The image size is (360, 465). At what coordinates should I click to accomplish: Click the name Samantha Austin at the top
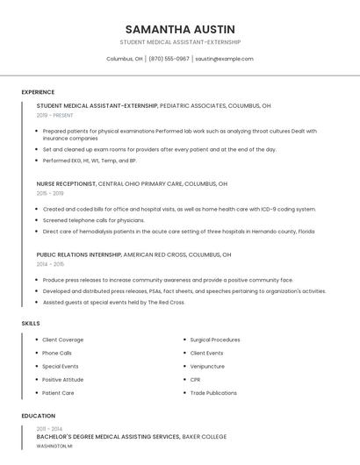pyautogui.click(x=180, y=29)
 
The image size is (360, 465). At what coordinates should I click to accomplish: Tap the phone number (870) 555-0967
pyautogui.click(x=169, y=59)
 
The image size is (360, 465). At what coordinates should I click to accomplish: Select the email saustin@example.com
pyautogui.click(x=224, y=59)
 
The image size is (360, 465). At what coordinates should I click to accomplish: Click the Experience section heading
pyautogui.click(x=38, y=92)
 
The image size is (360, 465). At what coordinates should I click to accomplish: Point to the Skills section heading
pyautogui.click(x=31, y=324)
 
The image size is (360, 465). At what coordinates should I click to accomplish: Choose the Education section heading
pyautogui.click(x=39, y=416)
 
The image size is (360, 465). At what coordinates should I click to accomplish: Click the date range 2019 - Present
pyautogui.click(x=55, y=115)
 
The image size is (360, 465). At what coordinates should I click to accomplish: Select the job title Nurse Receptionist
pyautogui.click(x=66, y=184)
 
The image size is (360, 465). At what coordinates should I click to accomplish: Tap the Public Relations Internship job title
pyautogui.click(x=79, y=254)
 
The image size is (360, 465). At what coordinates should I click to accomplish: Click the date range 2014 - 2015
pyautogui.click(x=50, y=264)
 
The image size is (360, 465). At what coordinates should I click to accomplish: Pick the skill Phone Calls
pyautogui.click(x=57, y=353)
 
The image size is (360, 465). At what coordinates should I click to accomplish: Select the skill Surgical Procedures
pyautogui.click(x=215, y=340)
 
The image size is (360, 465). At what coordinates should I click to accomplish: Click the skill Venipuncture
pyautogui.click(x=207, y=366)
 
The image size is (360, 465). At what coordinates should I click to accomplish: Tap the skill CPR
pyautogui.click(x=196, y=380)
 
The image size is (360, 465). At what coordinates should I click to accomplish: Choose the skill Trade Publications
pyautogui.click(x=213, y=393)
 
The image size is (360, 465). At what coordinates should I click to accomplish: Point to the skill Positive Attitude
pyautogui.click(x=63, y=380)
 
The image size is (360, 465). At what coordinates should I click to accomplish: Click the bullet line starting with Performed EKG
pyautogui.click(x=90, y=161)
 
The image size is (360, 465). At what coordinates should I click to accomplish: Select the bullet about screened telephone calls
pyautogui.click(x=94, y=220)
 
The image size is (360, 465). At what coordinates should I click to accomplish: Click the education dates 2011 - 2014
pyautogui.click(x=50, y=428)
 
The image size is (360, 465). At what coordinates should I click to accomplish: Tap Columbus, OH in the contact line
pyautogui.click(x=125, y=59)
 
